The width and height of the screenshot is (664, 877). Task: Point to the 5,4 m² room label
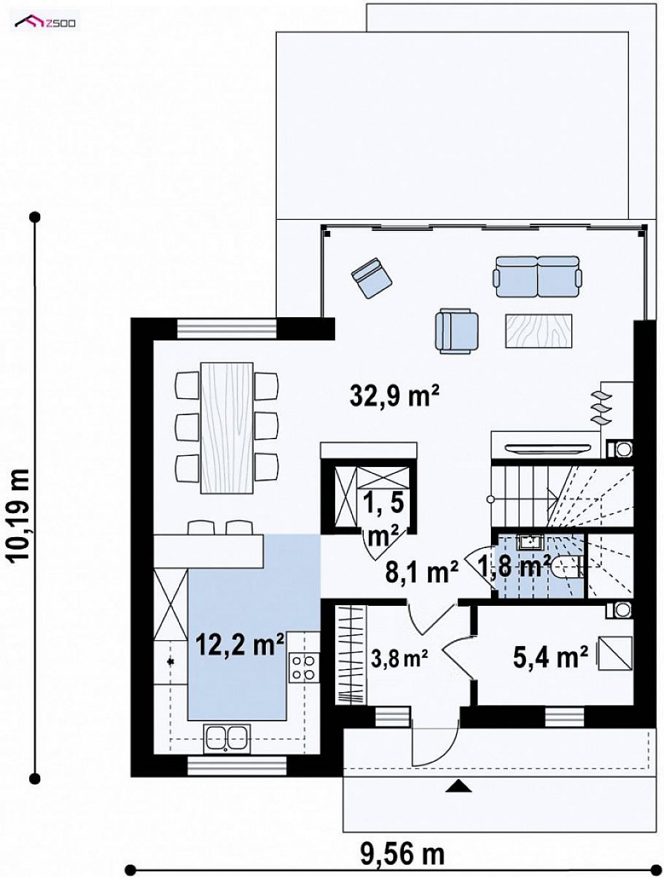tap(551, 657)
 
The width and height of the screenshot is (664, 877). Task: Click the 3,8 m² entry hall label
tap(399, 658)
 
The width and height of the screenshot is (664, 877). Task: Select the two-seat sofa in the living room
tap(538, 276)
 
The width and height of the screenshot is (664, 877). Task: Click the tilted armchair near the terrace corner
tap(372, 278)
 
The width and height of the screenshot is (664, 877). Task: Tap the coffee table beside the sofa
tap(538, 330)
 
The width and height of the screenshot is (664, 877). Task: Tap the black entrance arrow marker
tap(459, 773)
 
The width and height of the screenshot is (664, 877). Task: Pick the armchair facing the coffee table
tap(456, 330)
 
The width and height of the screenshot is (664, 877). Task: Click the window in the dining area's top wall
tap(226, 330)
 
